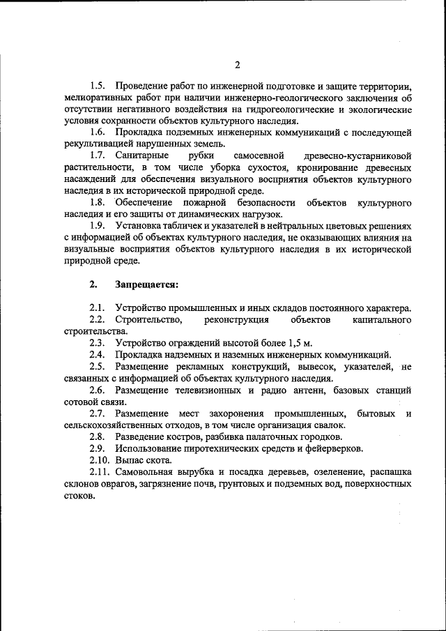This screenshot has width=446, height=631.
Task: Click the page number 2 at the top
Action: [x=237, y=66]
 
